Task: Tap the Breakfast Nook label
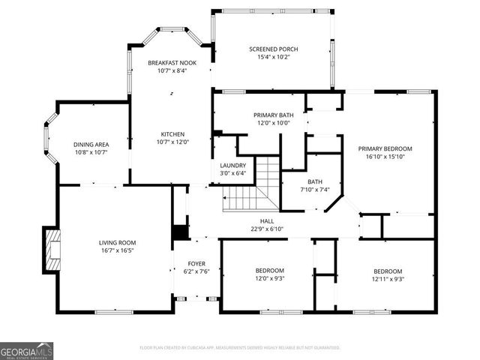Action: (172, 63)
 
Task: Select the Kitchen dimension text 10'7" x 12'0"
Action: (172, 142)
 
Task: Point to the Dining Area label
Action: (91, 144)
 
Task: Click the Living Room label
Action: (117, 242)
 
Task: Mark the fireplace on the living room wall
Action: (51, 248)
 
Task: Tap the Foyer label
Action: (196, 264)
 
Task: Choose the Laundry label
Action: (232, 165)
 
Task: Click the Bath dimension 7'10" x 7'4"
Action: (315, 190)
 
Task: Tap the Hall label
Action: (266, 220)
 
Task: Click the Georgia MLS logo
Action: (26, 350)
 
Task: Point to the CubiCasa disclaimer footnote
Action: (240, 347)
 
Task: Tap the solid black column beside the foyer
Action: (180, 232)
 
